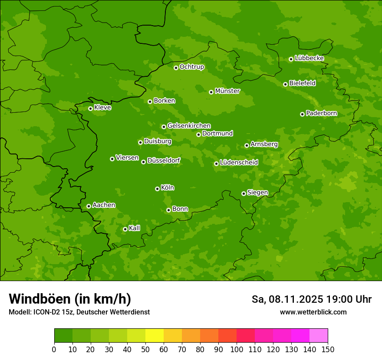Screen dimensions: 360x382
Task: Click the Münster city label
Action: (x=227, y=91)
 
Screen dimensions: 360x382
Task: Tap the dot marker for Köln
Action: (x=157, y=189)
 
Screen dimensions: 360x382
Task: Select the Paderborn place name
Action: (x=321, y=113)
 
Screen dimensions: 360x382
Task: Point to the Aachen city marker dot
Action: (x=89, y=206)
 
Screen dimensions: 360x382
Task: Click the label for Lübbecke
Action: (x=309, y=58)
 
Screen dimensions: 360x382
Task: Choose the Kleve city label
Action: (x=102, y=108)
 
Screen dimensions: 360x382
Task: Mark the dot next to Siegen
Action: (x=244, y=193)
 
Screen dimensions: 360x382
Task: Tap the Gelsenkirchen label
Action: (x=189, y=126)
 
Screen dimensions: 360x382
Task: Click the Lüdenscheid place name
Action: (x=239, y=163)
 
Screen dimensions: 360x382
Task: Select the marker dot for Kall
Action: (x=125, y=229)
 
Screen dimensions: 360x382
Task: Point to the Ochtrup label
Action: (x=191, y=67)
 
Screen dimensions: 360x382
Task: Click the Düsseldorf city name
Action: (x=164, y=160)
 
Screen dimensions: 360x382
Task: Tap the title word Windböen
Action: (x=39, y=299)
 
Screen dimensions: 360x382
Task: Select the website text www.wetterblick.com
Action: (x=313, y=312)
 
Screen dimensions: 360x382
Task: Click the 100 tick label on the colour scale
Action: (x=237, y=349)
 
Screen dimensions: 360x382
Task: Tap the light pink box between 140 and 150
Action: (x=319, y=336)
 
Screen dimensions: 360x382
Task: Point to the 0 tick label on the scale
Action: (x=54, y=349)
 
